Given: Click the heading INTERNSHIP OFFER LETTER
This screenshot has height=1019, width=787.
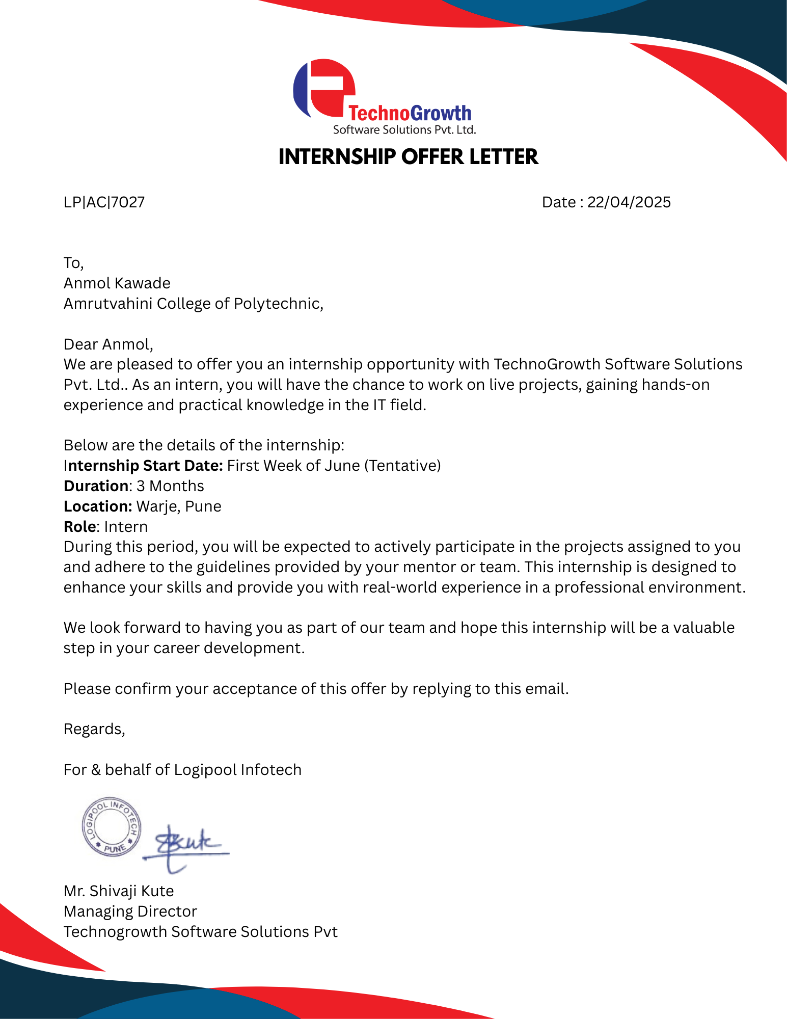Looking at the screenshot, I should [x=408, y=157].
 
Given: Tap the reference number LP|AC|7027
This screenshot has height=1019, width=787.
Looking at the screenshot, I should [x=104, y=202].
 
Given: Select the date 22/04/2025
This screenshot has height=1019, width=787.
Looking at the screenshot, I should [x=629, y=202].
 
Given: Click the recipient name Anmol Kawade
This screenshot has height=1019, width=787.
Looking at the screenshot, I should [x=117, y=283].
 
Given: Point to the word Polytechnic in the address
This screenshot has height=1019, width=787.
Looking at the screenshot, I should [x=278, y=304].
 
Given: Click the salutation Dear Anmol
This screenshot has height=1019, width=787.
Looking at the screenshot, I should [x=107, y=344].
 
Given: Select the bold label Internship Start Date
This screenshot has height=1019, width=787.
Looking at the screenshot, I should [x=144, y=466].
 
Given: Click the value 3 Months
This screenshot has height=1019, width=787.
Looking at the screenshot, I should [x=170, y=486].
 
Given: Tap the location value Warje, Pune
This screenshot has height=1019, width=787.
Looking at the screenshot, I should [x=179, y=506].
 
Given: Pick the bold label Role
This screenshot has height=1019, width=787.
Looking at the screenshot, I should [x=80, y=527].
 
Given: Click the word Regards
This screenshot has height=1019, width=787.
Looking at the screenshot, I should [x=94, y=729].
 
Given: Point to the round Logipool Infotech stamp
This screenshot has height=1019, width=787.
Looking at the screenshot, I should [x=112, y=826].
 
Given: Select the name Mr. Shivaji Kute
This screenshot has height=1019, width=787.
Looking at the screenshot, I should [x=119, y=891].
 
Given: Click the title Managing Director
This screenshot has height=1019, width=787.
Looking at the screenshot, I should [x=130, y=911].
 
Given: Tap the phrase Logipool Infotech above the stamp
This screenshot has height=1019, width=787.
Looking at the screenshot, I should [x=237, y=770].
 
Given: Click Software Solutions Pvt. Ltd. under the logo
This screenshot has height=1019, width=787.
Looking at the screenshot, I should [x=404, y=130].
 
